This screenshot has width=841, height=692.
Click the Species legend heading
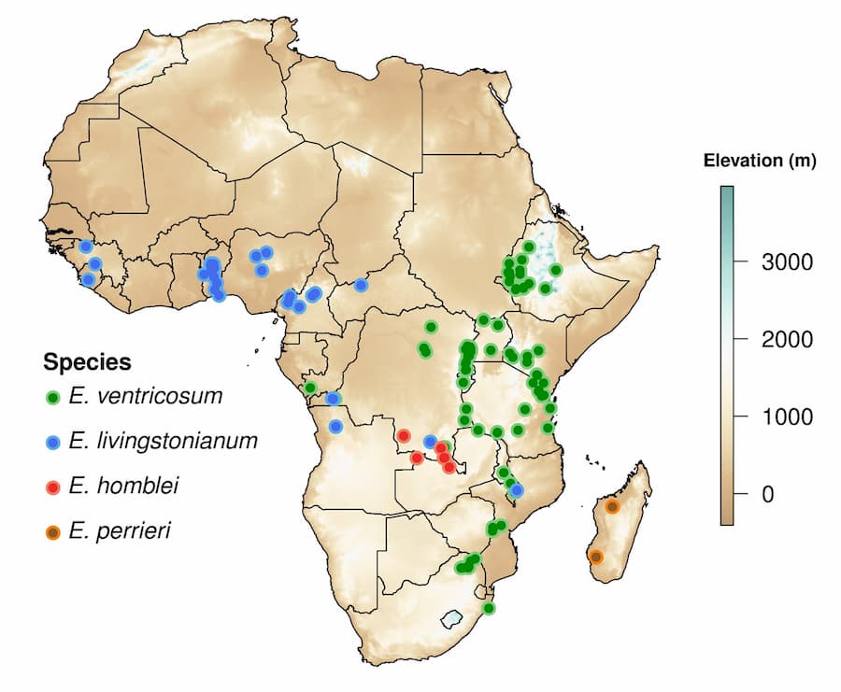click(87, 361)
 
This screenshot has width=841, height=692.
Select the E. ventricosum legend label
click(146, 396)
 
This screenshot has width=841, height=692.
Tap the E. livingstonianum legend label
click(163, 441)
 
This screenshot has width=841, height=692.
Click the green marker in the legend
click(53, 397)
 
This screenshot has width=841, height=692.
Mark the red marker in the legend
click(53, 487)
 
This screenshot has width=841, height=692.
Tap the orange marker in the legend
click(53, 531)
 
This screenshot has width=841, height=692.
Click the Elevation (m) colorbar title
click(759, 161)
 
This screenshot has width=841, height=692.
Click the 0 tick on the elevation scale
click(767, 493)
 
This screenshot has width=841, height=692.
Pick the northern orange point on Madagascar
click(612, 506)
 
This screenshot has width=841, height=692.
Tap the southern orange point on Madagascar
click(596, 557)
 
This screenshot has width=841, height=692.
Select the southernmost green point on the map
click(488, 608)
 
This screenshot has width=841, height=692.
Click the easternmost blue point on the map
click(517, 489)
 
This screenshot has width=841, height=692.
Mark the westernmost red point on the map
click(404, 436)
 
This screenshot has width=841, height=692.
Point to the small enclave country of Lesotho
click(452, 618)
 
